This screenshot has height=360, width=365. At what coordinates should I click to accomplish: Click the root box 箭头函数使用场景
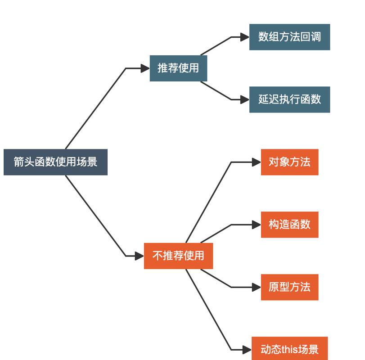(x=55, y=162)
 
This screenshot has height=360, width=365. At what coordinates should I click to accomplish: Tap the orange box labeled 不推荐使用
(x=178, y=256)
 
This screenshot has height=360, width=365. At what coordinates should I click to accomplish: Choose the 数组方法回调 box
(x=289, y=37)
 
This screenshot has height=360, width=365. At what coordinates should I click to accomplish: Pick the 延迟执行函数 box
(x=289, y=99)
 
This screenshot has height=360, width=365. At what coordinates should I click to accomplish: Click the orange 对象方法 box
(x=289, y=162)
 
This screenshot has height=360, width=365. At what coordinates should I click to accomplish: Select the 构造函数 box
(x=289, y=225)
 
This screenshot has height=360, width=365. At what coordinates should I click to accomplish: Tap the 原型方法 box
(x=289, y=287)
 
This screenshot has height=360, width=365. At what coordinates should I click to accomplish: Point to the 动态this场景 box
(x=289, y=349)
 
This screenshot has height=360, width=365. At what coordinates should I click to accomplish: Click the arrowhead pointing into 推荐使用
(x=145, y=68)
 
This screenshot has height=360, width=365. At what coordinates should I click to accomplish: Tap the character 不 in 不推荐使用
(x=157, y=256)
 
